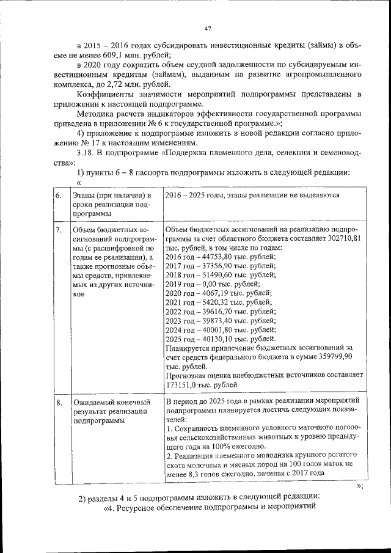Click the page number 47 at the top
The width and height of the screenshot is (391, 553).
[x=208, y=28]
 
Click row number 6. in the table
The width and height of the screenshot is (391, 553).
[x=58, y=195]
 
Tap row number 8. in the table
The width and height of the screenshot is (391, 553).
[x=58, y=403]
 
